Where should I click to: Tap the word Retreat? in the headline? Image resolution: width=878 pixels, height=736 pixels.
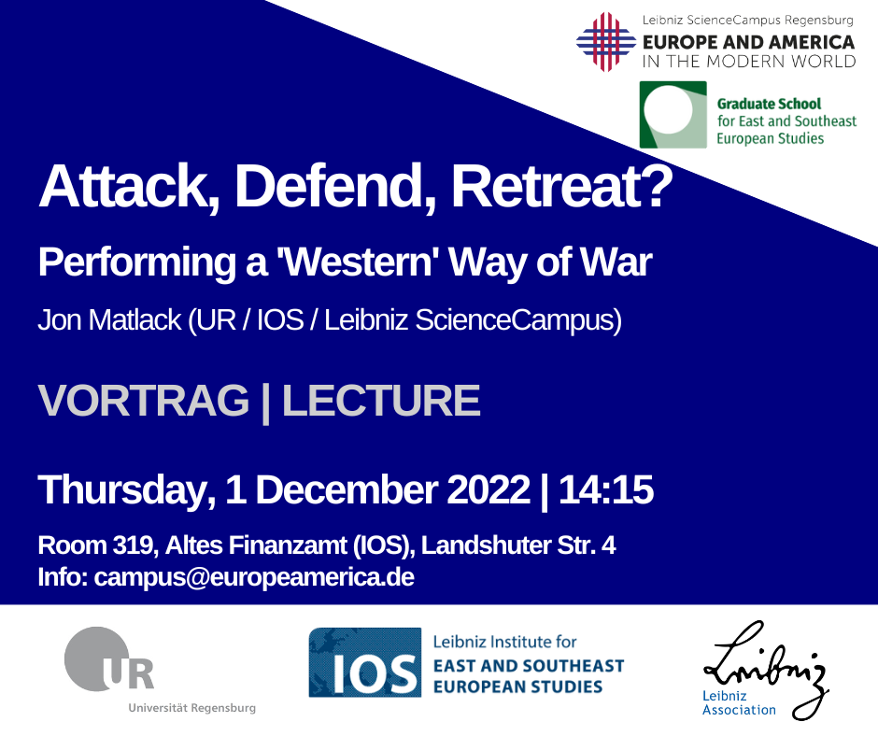click(x=561, y=186)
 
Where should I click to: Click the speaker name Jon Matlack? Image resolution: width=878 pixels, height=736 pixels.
click(x=110, y=320)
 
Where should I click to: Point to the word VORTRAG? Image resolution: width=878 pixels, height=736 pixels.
click(x=143, y=401)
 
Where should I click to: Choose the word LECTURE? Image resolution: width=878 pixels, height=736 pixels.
click(x=381, y=401)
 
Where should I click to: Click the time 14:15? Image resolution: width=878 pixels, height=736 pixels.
click(x=606, y=489)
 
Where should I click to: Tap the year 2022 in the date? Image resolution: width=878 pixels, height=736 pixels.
click(x=489, y=489)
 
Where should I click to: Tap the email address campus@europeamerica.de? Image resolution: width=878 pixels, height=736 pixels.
click(x=254, y=577)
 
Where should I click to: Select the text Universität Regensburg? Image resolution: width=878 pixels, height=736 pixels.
click(x=192, y=708)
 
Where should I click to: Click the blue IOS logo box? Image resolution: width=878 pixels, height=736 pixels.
click(x=364, y=662)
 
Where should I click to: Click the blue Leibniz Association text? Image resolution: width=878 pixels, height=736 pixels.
click(x=739, y=703)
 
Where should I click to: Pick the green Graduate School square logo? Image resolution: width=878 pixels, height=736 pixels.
click(x=673, y=115)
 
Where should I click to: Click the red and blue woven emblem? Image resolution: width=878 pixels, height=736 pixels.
click(x=606, y=42)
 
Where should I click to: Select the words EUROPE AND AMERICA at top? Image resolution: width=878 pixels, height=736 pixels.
click(x=749, y=43)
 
